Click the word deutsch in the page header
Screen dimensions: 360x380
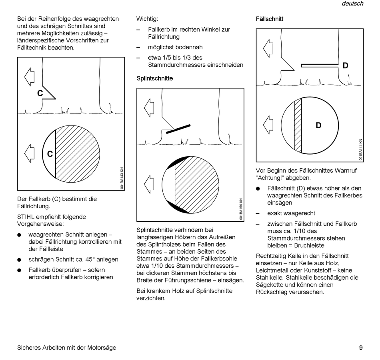(x=352, y=4)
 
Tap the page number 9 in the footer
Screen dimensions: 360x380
(x=361, y=348)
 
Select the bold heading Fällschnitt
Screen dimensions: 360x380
(x=270, y=19)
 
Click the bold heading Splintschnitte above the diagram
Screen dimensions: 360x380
(x=155, y=78)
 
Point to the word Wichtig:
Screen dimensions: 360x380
(x=147, y=19)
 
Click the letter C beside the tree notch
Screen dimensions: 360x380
(x=40, y=93)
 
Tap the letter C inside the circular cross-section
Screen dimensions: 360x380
(x=50, y=154)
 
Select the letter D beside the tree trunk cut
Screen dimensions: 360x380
(x=345, y=66)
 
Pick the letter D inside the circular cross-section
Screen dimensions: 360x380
(x=318, y=125)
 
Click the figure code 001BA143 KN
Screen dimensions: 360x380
(x=122, y=178)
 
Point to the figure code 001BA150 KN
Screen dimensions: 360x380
(x=241, y=209)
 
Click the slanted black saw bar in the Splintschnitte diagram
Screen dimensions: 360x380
(x=178, y=129)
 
